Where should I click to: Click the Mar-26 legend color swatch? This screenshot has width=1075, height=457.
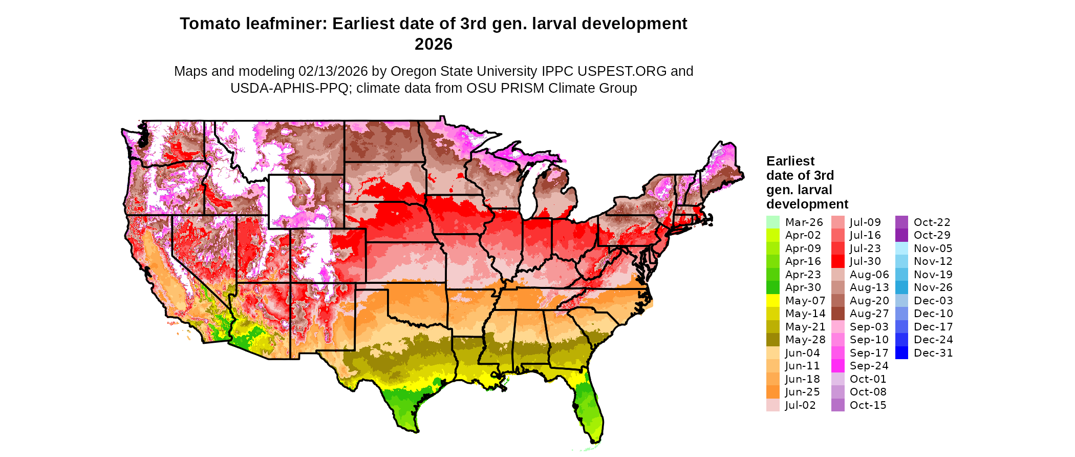click(773, 222)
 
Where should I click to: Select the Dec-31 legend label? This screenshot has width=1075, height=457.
click(933, 353)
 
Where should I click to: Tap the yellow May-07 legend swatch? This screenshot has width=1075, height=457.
click(773, 301)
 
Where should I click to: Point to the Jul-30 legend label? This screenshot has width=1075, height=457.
click(865, 261)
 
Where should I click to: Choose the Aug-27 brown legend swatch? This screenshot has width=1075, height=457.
click(838, 314)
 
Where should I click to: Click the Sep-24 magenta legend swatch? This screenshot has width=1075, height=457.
click(838, 366)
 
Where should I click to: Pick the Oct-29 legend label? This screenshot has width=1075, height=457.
click(932, 235)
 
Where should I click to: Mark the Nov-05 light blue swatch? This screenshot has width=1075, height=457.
click(902, 248)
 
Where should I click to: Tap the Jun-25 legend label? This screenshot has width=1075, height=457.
click(802, 392)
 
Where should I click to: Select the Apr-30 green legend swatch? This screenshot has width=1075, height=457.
click(773, 287)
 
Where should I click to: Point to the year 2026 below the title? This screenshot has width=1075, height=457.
click(434, 45)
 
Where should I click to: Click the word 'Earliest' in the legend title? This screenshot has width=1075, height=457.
click(790, 161)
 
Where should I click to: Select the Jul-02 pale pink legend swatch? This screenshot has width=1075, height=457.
click(773, 405)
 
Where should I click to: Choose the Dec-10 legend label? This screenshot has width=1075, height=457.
click(933, 314)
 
